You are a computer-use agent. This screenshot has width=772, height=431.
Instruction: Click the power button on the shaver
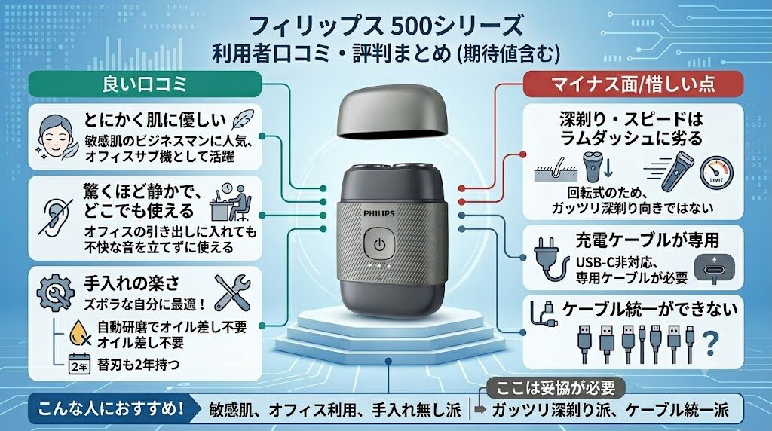pos(378,244)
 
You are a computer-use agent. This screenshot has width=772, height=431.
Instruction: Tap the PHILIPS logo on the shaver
pos(378,213)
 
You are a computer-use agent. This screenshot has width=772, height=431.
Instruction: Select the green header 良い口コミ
pos(145,84)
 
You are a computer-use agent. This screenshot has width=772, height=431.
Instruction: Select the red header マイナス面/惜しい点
pos(633,84)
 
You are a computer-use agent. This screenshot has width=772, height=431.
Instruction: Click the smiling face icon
pos(56,138)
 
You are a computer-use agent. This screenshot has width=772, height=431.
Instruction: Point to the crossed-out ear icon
pos(56,218)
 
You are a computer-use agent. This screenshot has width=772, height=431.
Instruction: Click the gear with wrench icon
pos(56,293)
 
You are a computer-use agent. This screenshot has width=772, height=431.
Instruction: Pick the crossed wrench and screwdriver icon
pos(233,292)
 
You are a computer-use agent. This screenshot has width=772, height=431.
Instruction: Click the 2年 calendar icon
pos(79,365)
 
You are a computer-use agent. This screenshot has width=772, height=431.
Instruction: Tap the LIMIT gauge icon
pos(716,173)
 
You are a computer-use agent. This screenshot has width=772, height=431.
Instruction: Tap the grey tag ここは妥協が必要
pos(556,388)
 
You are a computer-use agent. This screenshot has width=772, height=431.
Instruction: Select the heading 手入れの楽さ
pos(132,283)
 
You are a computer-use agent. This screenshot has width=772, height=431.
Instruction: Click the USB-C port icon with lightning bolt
pos(715,268)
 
